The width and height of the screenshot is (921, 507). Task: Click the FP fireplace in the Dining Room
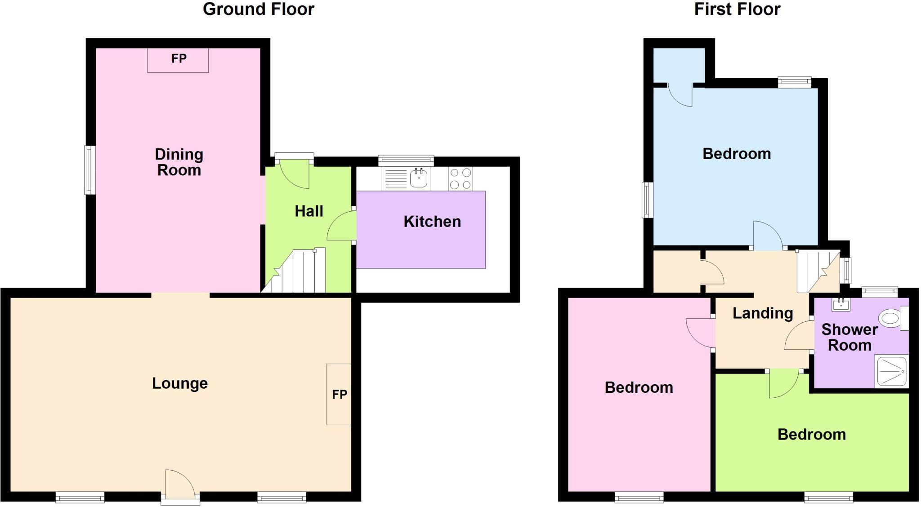coord(178,60)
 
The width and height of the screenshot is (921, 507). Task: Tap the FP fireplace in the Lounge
coord(339,394)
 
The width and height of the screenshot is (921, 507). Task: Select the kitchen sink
coord(419,179)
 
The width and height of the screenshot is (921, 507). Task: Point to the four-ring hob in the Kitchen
coord(460,178)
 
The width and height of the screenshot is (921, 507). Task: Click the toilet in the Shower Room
coord(890,319)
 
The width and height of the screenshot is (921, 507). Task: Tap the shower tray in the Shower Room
coord(891,371)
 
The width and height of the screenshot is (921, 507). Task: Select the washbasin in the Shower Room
coord(841,304)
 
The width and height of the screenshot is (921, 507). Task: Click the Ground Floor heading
coord(259,9)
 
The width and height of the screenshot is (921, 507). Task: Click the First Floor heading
coord(737,9)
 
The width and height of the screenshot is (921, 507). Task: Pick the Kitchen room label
coord(432,222)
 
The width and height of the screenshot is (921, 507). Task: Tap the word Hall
coord(309,211)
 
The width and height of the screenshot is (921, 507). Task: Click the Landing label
coord(763,313)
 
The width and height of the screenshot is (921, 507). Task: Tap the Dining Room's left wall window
coord(90,170)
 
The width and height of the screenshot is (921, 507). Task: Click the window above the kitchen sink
coord(406,160)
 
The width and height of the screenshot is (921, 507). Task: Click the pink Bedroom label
coord(639,387)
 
